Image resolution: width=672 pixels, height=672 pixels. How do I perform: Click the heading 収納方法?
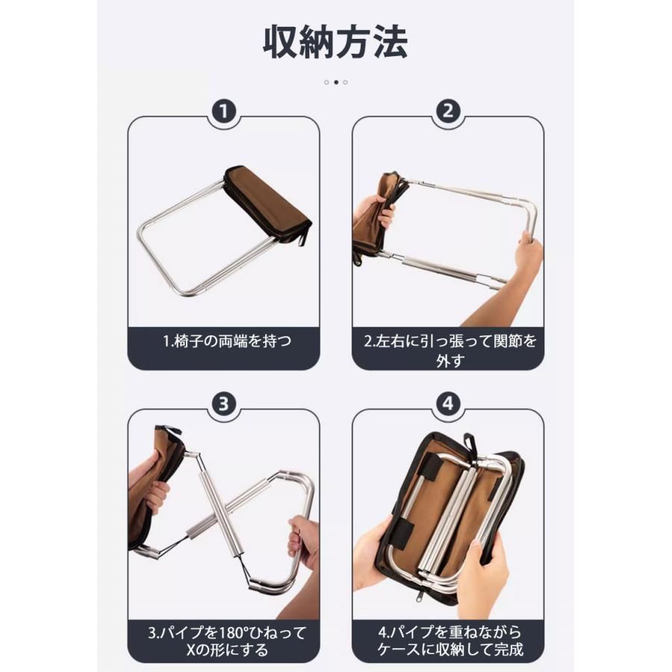pos(335,42)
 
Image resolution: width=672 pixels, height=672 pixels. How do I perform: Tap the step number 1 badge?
pos(224,111)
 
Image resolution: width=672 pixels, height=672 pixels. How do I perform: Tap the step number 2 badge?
pos(448,111)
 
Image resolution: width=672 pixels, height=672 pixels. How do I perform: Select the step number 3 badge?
pos(224,404)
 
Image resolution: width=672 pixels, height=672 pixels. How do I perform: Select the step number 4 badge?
pos(448,404)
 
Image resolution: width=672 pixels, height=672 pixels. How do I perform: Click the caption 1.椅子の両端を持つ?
pos(227,341)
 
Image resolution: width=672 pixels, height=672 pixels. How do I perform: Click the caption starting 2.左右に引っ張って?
pos(450,351)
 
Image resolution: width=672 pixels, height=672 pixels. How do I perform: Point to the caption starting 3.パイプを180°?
pos(227,641)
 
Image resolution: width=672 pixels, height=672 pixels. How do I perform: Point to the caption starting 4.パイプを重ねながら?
pos(450,641)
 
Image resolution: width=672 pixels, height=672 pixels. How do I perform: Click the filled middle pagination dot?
pos(336,82)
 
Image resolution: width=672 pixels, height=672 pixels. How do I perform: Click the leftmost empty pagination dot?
pos(326,82)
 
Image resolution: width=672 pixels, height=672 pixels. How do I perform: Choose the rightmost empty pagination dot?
pos(346,82)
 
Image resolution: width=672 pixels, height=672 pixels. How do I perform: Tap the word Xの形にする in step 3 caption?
pos(227,650)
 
